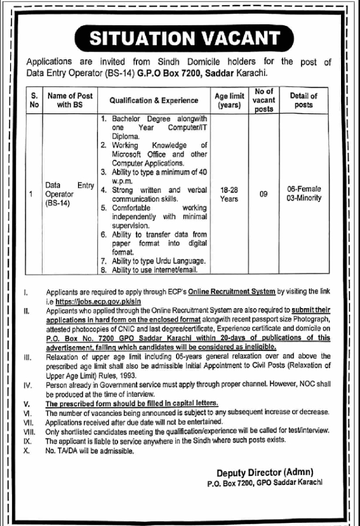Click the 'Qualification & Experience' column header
(154, 101)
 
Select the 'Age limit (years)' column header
(229, 101)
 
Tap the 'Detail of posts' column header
(304, 101)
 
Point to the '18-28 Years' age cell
(229, 195)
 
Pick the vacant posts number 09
(264, 195)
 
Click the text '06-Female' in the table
(304, 189)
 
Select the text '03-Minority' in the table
(304, 199)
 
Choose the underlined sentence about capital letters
(132, 403)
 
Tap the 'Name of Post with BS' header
(70, 101)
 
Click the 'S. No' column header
(34, 101)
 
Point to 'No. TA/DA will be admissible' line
(90, 451)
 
